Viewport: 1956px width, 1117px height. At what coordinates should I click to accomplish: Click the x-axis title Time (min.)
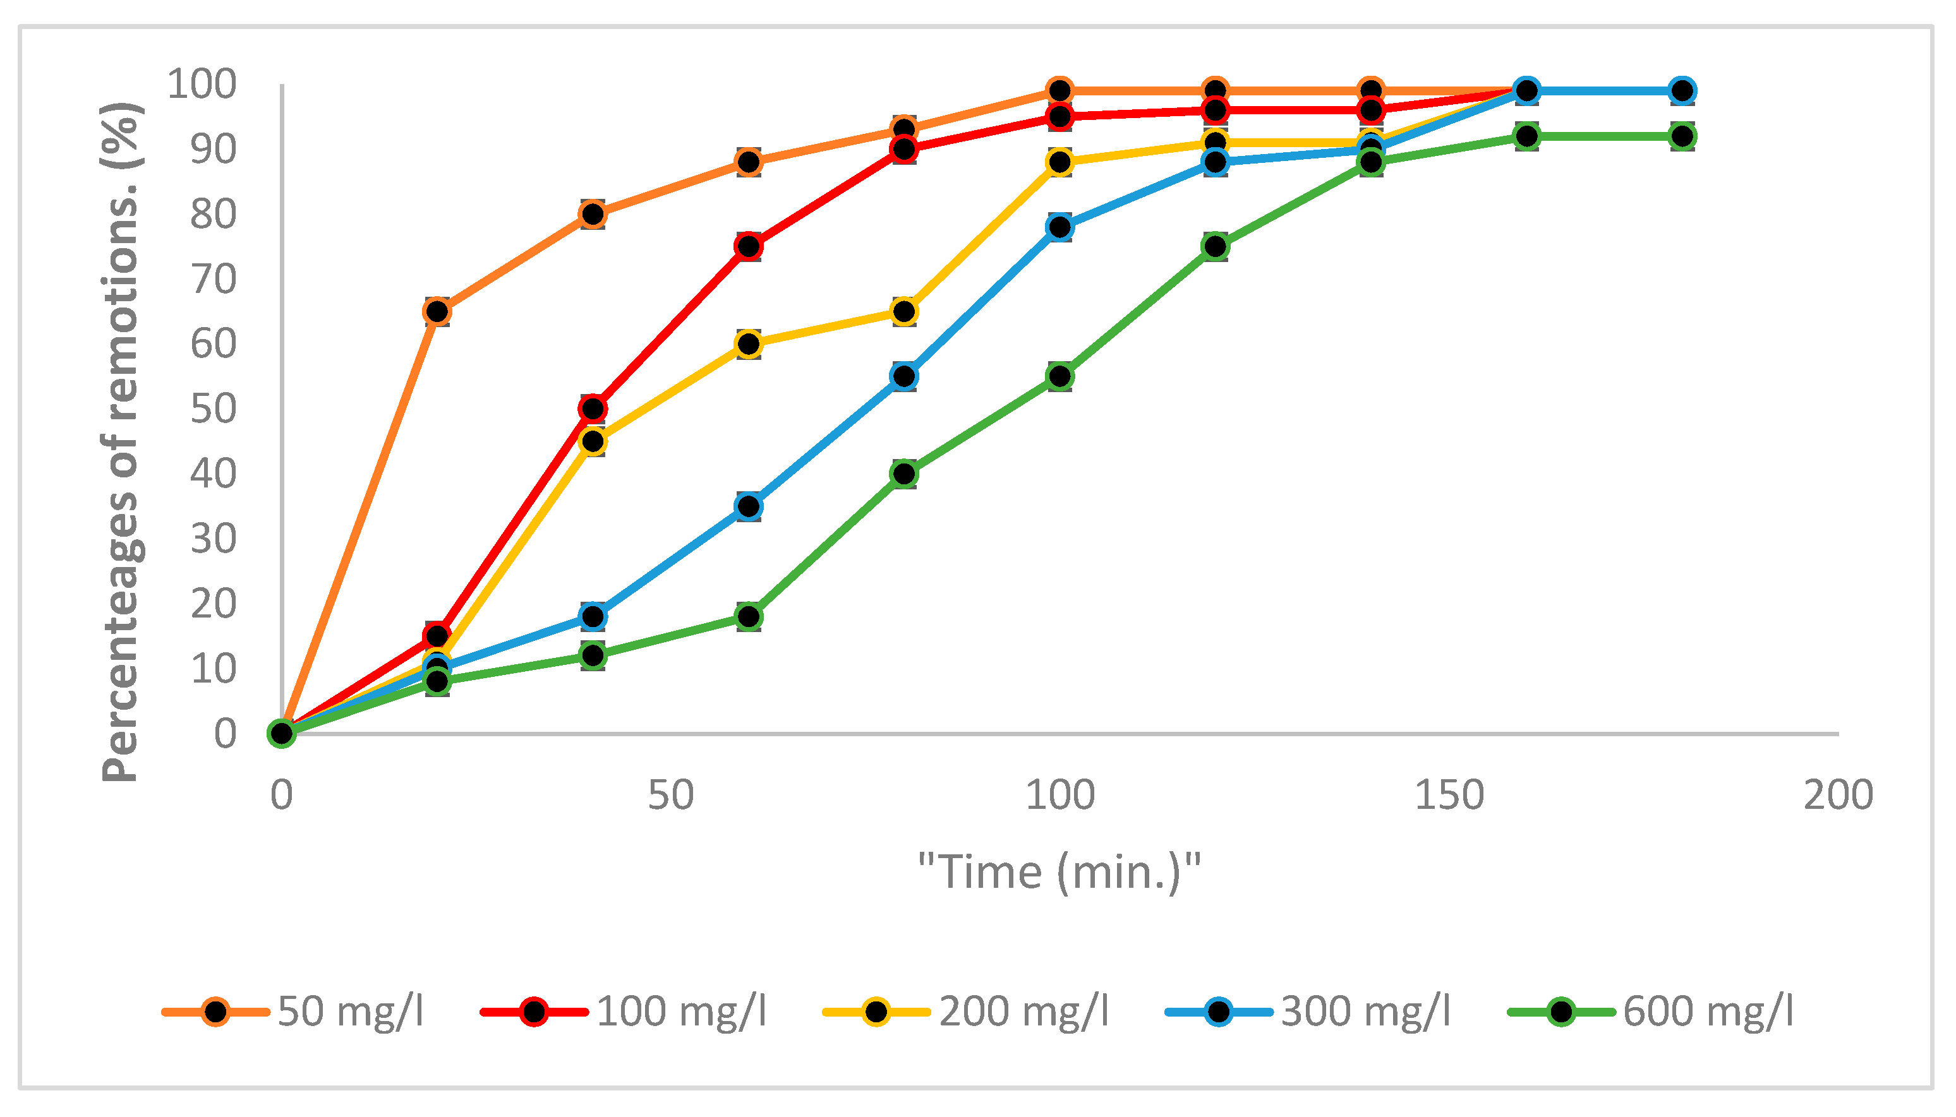(x=1059, y=872)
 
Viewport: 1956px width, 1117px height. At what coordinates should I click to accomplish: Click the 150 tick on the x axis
(x=1449, y=795)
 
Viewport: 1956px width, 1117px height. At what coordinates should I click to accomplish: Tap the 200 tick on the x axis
(x=1838, y=795)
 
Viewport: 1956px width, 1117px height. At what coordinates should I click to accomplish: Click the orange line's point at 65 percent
(x=437, y=311)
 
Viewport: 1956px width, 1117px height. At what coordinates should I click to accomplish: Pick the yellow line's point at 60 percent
(x=749, y=343)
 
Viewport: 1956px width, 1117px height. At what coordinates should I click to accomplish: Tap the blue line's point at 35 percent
(x=749, y=506)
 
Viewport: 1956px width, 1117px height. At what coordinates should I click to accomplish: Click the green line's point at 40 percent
(x=905, y=474)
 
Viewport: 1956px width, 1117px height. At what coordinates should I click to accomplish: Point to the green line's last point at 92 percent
(x=1682, y=136)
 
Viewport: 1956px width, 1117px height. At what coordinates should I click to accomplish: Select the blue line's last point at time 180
(x=1682, y=90)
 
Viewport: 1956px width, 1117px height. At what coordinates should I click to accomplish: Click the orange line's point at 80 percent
(x=593, y=214)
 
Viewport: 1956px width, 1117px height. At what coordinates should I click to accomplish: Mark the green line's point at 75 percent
(x=1216, y=246)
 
